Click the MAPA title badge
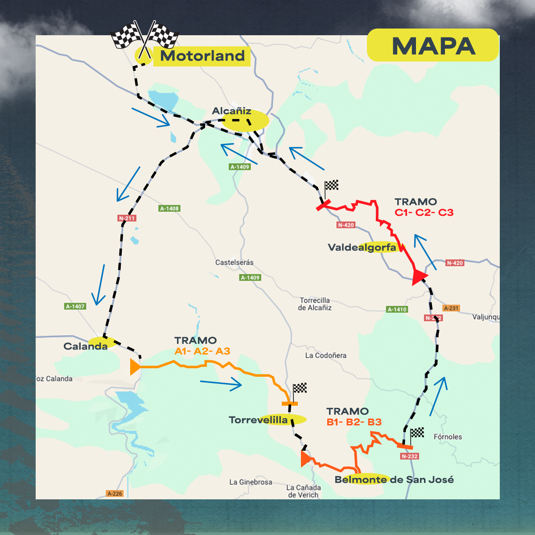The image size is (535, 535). [x=432, y=45]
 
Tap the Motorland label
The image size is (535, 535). [x=202, y=56]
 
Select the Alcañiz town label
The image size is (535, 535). [x=231, y=111]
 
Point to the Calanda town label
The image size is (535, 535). [x=85, y=346]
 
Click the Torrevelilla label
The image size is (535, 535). [x=258, y=420]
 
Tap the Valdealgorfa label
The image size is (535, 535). [x=362, y=247]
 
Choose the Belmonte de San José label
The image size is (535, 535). [x=394, y=479]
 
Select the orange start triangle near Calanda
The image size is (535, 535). [x=135, y=366]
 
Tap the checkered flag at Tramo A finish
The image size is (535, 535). [x=300, y=388]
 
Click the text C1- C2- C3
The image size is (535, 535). [x=424, y=212]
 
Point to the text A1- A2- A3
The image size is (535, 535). [x=202, y=351]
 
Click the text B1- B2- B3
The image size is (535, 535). [x=354, y=422]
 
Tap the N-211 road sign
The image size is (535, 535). [x=127, y=218]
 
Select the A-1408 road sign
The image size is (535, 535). [x=169, y=208]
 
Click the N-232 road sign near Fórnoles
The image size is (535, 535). [x=409, y=456]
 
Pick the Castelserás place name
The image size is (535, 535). [x=234, y=263]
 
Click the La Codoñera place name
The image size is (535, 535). [x=325, y=355]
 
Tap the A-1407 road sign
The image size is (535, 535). [x=75, y=306]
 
